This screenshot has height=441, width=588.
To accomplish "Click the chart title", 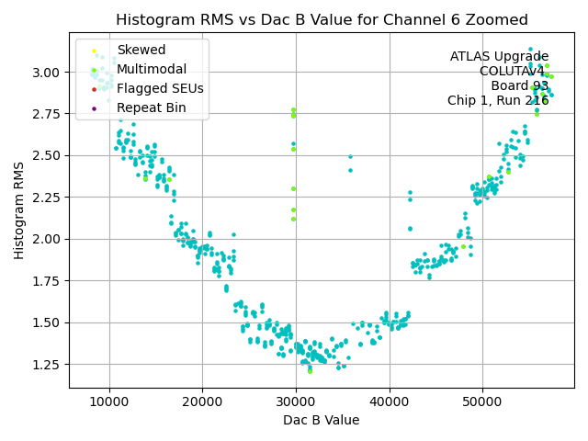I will click(x=322, y=20).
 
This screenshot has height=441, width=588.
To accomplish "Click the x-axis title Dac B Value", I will click(x=322, y=420).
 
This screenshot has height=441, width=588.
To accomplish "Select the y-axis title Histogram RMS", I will click(x=19, y=210).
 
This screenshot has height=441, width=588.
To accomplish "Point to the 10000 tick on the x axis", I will click(x=109, y=401).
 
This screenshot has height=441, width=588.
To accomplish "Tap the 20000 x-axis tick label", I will click(x=203, y=401).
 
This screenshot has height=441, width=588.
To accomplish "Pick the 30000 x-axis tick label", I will click(x=296, y=401).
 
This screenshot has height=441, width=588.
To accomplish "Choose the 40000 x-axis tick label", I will click(x=390, y=401).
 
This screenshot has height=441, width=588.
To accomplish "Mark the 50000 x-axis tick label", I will click(x=483, y=401).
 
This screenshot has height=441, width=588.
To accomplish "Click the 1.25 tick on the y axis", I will click(x=47, y=364).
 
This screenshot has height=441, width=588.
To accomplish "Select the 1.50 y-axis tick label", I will click(x=47, y=322).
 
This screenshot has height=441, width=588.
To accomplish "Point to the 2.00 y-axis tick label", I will click(x=47, y=239).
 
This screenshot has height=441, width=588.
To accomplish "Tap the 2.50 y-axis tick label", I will click(x=47, y=155).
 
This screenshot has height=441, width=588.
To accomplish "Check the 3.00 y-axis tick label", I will click(x=47, y=73).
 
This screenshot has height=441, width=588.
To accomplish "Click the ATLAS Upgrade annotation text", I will click(x=499, y=57).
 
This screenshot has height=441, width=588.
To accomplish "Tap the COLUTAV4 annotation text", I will click(x=514, y=72).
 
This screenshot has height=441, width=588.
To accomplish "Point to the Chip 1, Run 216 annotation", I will click(x=498, y=101).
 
